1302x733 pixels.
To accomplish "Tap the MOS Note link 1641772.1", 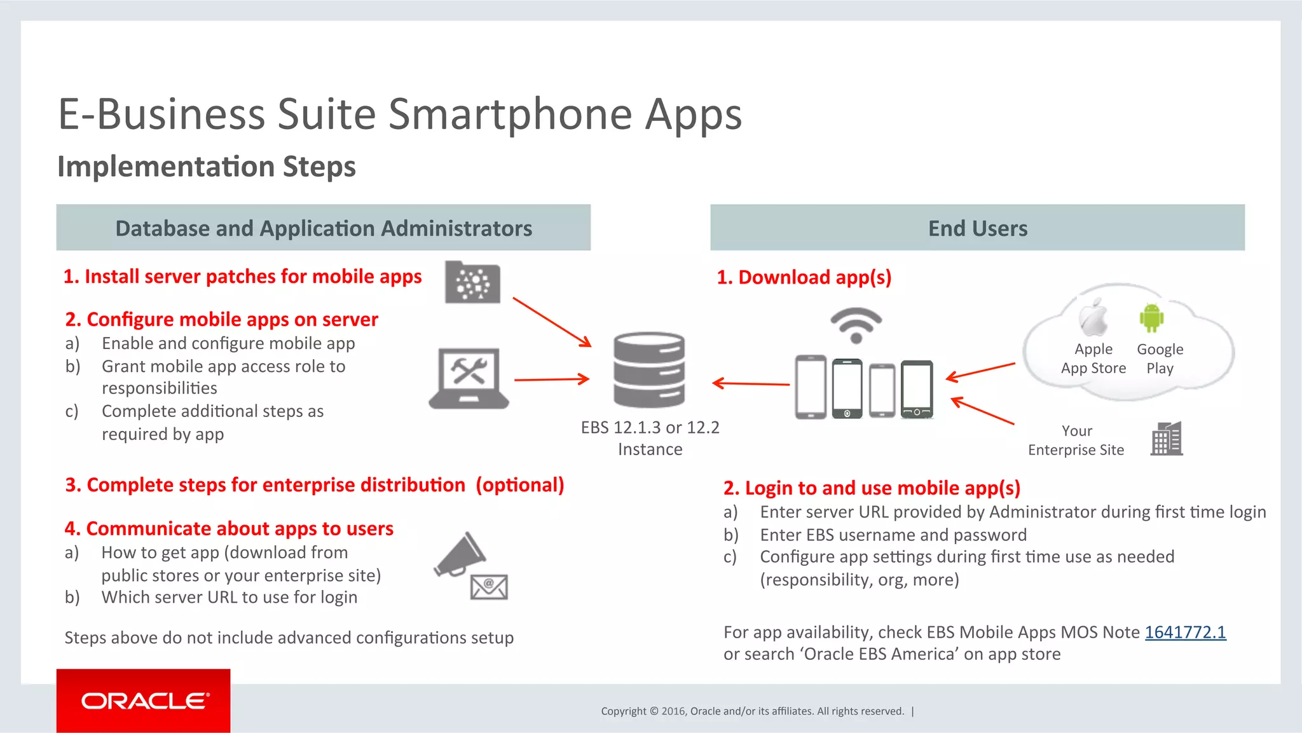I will pyautogui.click(x=1185, y=633).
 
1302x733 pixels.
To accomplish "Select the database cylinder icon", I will pyautogui.click(x=649, y=369).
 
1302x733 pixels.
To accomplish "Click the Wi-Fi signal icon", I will pyautogui.click(x=856, y=324).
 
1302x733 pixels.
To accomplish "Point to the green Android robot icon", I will pyautogui.click(x=1151, y=318).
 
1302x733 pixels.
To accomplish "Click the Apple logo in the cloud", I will pyautogui.click(x=1093, y=317).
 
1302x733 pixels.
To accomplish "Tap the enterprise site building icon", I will pyautogui.click(x=1167, y=439).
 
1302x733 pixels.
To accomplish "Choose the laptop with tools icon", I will pyautogui.click(x=469, y=378).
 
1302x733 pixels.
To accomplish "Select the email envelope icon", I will pyautogui.click(x=489, y=587).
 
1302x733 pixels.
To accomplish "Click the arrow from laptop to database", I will pyautogui.click(x=551, y=380).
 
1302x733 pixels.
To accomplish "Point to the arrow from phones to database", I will pyautogui.click(x=751, y=383).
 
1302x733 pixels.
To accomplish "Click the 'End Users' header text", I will pyautogui.click(x=978, y=228).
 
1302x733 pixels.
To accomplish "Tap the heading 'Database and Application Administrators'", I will pyautogui.click(x=324, y=228).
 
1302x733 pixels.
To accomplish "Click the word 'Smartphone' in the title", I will pyautogui.click(x=511, y=114).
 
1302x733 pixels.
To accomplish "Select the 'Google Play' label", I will pyautogui.click(x=1160, y=359).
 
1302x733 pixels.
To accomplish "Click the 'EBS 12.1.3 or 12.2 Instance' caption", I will pyautogui.click(x=650, y=438).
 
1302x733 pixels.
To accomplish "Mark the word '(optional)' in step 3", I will pyautogui.click(x=520, y=485).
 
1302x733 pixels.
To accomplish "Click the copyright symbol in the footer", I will pyautogui.click(x=654, y=711).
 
